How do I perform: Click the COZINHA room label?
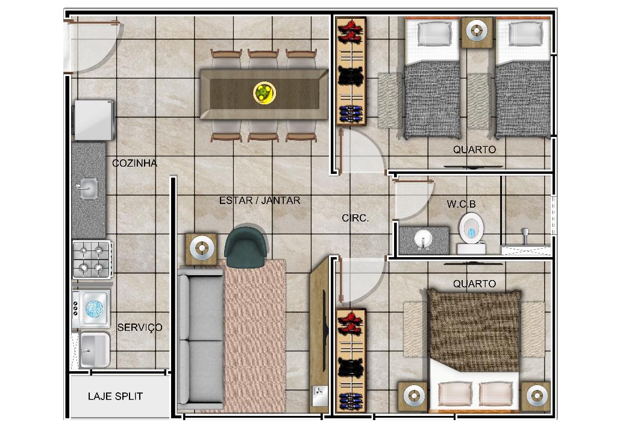tap(134, 163)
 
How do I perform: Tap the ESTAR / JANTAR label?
tap(260, 200)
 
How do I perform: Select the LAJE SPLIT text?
tap(115, 396)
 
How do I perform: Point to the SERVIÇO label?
tap(140, 328)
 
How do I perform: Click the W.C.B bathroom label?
tap(461, 204)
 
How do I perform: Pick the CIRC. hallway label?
tap(355, 218)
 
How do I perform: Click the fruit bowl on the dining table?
tap(264, 94)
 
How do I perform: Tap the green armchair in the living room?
tap(246, 247)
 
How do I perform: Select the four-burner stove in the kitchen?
tap(92, 260)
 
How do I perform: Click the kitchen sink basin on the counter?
tap(88, 189)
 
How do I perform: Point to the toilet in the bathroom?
tap(471, 233)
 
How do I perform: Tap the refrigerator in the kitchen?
tap(93, 120)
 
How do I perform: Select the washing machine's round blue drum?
tap(94, 308)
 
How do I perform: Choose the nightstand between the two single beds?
tap(477, 32)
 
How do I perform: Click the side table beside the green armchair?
tap(201, 249)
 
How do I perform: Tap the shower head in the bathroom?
tap(525, 235)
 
